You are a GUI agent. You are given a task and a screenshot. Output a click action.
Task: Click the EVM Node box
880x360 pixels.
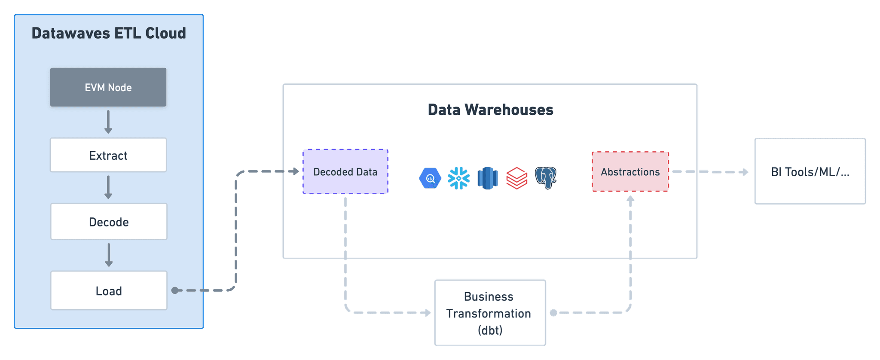coord(108,87)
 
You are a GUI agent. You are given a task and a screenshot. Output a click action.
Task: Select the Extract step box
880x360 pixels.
coord(108,155)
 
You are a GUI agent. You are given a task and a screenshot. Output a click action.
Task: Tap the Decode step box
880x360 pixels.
coord(109,222)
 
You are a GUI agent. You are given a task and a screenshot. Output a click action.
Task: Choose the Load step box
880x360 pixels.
coord(109,290)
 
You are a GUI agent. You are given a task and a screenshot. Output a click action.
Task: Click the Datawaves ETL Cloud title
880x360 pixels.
coord(109,34)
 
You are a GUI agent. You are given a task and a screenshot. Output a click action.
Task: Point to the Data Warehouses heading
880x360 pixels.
coord(490,110)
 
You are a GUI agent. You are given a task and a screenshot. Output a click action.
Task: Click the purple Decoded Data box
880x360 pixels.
coord(345,172)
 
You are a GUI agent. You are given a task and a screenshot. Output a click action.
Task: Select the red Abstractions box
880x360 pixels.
coord(630,172)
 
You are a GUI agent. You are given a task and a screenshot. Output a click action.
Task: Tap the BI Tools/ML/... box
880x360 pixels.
coord(810,171)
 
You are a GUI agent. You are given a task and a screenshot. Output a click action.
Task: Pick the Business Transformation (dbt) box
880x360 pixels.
coord(490,313)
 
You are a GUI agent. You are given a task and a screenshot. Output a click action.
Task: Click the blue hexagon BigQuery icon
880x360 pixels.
coord(430,178)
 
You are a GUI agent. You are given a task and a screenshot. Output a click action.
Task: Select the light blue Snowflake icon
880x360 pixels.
coord(458,178)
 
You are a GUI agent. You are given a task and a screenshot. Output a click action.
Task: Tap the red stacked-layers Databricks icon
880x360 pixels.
coord(516,178)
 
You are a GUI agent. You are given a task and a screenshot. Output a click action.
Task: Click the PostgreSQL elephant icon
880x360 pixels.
coord(546,178)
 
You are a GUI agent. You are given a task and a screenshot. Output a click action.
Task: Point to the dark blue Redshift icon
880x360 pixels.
coord(488,178)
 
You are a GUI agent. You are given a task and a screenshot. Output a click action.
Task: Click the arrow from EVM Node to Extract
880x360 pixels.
coord(108,122)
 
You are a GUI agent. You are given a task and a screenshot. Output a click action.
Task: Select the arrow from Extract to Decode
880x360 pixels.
coord(108,187)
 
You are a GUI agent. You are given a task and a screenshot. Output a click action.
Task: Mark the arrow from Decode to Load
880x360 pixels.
coord(109,255)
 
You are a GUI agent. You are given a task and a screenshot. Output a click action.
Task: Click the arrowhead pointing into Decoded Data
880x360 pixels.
coord(295,171)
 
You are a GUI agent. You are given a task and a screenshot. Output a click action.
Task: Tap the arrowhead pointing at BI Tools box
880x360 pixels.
coord(745,172)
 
